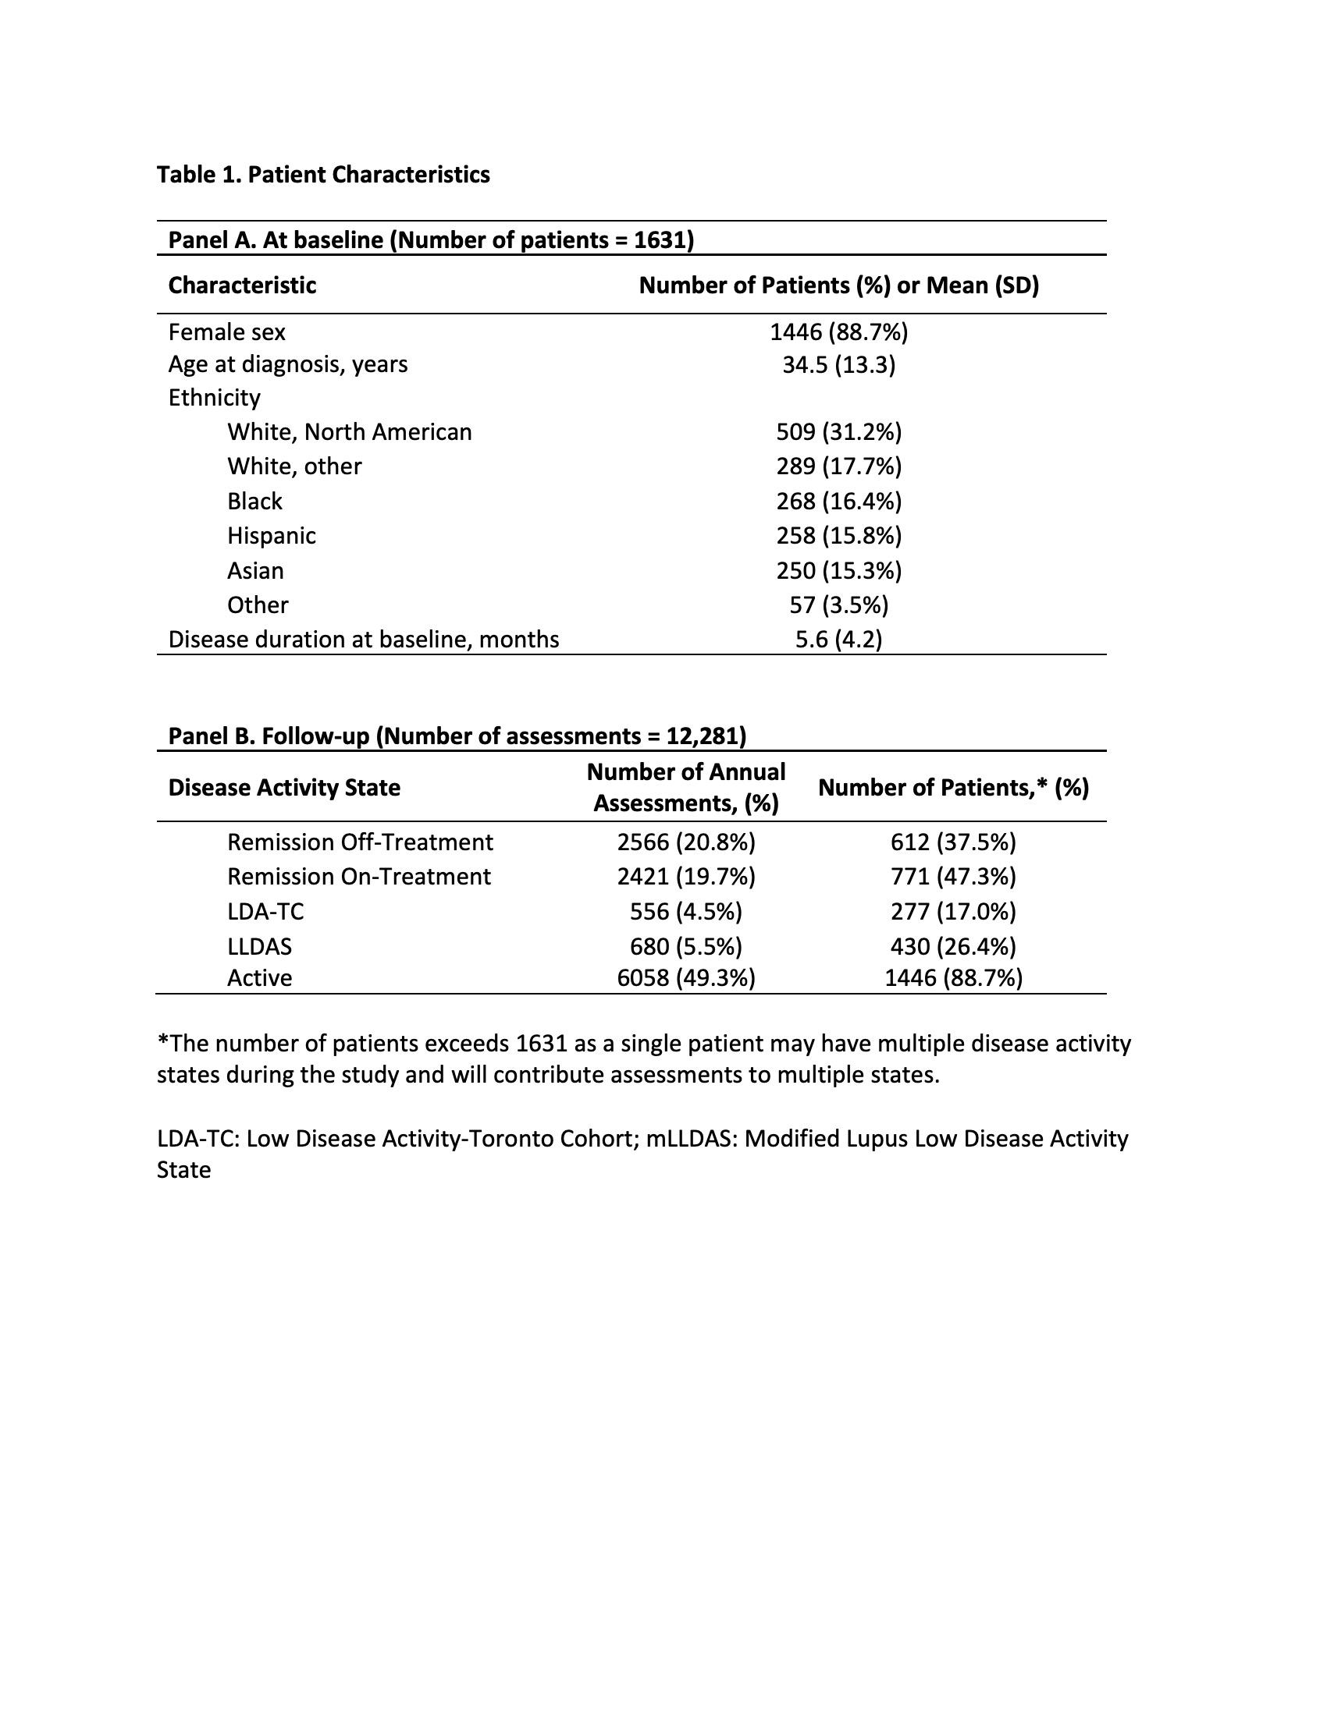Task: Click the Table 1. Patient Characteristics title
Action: (323, 175)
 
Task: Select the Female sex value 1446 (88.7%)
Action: (839, 332)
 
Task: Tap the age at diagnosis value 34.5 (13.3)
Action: (839, 364)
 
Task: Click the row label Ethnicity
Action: (214, 398)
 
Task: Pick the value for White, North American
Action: (839, 432)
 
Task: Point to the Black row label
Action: (254, 502)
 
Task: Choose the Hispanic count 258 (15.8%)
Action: (839, 536)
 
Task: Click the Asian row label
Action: (255, 570)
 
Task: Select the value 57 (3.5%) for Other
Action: (839, 605)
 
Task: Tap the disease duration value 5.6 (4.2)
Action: (839, 640)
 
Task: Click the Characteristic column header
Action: (242, 285)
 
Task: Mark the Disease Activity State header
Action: (284, 787)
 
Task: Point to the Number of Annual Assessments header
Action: (685, 787)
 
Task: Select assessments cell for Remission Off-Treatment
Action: (685, 842)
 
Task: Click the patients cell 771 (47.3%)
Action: (953, 877)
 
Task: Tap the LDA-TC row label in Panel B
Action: (265, 911)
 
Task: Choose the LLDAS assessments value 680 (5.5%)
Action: (685, 946)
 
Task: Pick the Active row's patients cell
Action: (953, 978)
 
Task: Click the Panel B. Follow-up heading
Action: (457, 736)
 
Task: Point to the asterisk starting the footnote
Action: (162, 1041)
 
